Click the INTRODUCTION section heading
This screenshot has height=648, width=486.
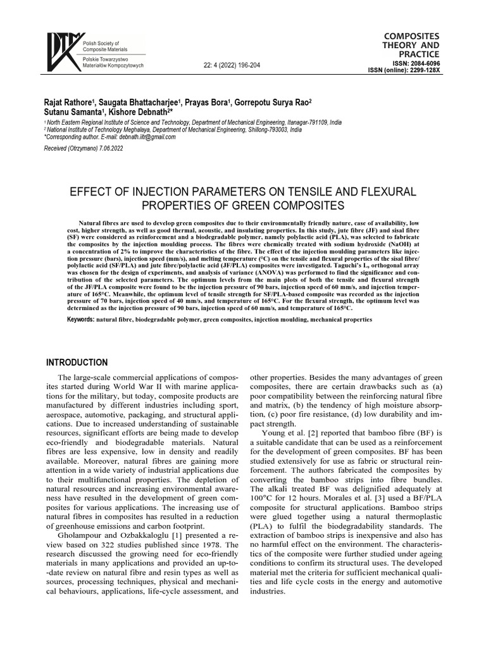click(x=77, y=363)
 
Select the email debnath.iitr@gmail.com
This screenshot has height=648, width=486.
click(x=143, y=137)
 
